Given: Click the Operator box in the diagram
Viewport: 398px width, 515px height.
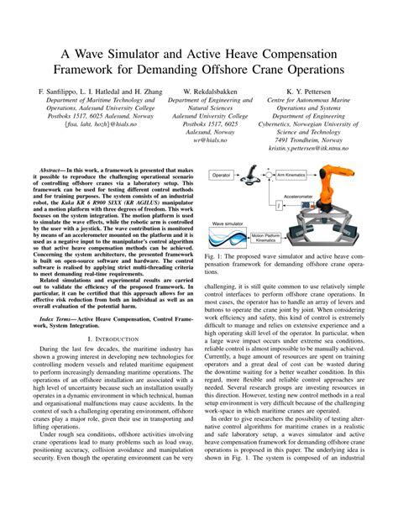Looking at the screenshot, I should click(222, 176).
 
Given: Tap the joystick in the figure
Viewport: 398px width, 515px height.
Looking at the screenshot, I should click(250, 176).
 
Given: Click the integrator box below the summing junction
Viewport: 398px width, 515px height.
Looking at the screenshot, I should click(277, 203).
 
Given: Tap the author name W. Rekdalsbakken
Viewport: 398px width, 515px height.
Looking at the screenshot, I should click(207, 88).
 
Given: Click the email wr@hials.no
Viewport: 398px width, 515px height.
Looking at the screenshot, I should click(207, 139).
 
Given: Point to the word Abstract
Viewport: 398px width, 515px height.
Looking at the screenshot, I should click(65, 169).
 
